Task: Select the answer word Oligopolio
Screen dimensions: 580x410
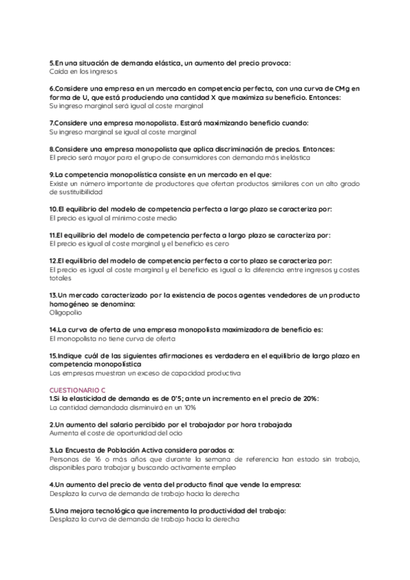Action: [x=66, y=312]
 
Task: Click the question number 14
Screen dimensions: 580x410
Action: [x=53, y=330]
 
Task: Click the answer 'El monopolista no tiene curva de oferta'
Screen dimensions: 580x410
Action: [x=112, y=339]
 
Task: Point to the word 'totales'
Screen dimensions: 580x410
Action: [x=60, y=278]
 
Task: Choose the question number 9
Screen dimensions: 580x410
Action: [x=52, y=174]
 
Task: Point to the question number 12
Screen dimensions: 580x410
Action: [x=53, y=261]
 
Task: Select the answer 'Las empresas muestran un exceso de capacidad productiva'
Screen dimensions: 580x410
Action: [x=145, y=373]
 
